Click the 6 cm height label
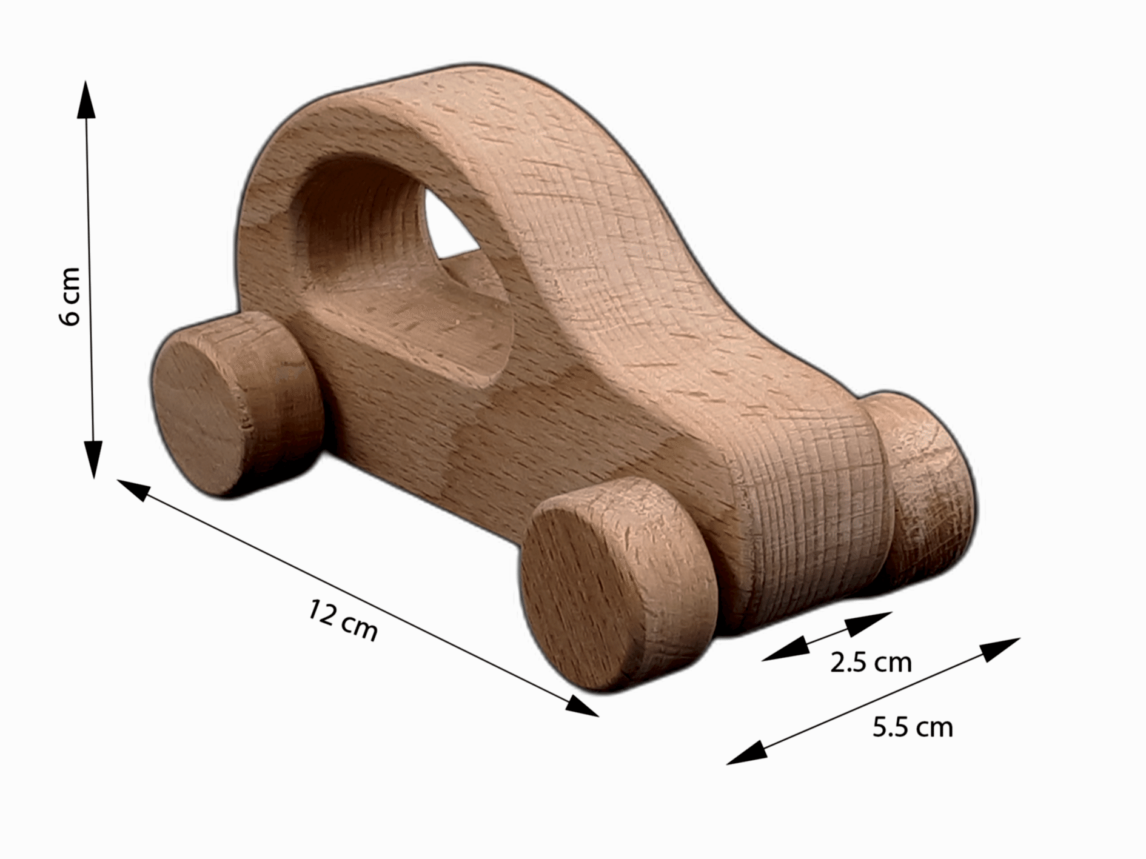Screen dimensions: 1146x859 tap(70, 296)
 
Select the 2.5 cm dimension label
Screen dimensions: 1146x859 tap(871, 663)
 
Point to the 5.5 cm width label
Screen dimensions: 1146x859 tap(913, 727)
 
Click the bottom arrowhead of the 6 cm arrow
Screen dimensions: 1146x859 tap(93, 460)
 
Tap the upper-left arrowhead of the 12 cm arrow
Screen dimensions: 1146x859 tap(133, 489)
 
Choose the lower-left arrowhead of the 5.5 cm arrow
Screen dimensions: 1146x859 tap(746, 754)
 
